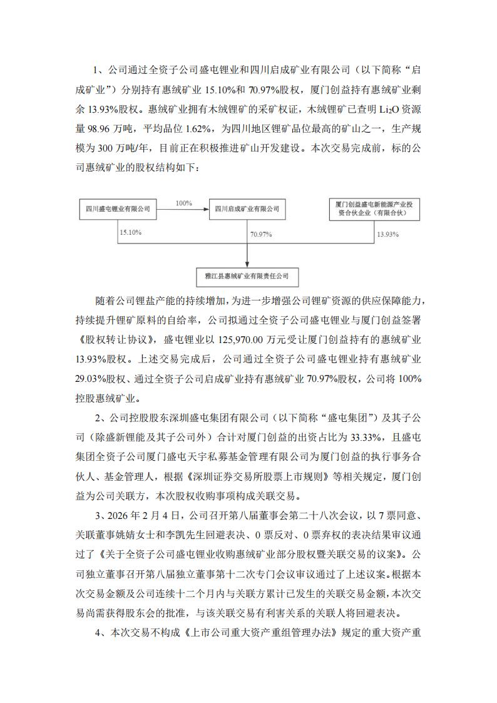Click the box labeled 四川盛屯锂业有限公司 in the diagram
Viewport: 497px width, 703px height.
pos(118,208)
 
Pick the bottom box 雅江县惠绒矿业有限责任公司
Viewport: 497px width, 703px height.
pos(247,275)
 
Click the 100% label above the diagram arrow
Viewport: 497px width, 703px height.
pos(183,203)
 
